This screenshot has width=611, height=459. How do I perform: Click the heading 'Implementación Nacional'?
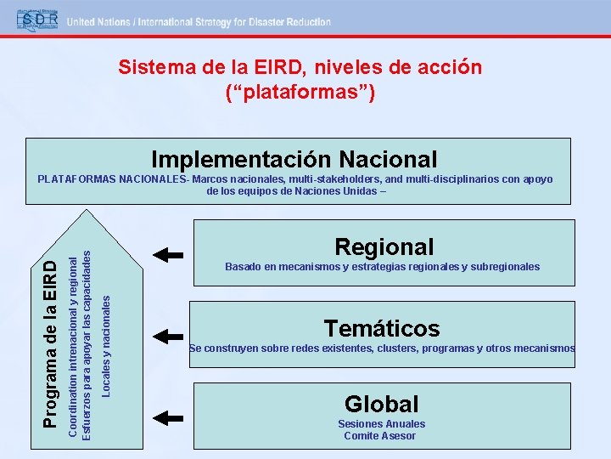pyautogui.click(x=294, y=159)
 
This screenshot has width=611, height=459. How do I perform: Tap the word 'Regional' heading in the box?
pyautogui.click(x=384, y=247)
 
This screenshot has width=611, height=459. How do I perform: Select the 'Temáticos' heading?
pyautogui.click(x=382, y=328)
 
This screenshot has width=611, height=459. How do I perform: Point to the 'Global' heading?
pyautogui.click(x=382, y=405)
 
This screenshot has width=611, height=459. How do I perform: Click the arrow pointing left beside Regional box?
pyautogui.click(x=170, y=253)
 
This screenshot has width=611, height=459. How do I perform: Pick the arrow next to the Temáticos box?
pyautogui.click(x=170, y=335)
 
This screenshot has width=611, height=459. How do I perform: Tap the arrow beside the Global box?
pyautogui.click(x=170, y=416)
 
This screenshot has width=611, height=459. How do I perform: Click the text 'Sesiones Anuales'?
pyautogui.click(x=381, y=424)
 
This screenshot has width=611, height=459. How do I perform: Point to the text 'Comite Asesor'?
pyautogui.click(x=380, y=436)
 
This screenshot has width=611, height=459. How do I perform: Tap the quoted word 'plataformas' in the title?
pyautogui.click(x=300, y=90)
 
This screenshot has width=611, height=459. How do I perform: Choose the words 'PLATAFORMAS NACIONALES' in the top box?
pyautogui.click(x=112, y=179)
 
